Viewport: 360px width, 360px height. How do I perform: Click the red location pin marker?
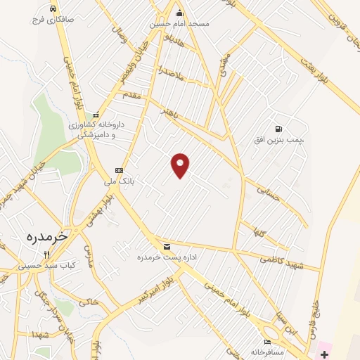pyautogui.click(x=181, y=165)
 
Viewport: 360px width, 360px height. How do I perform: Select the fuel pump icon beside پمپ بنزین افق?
pyautogui.click(x=279, y=129)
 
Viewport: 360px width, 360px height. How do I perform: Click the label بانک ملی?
pyautogui.click(x=118, y=181)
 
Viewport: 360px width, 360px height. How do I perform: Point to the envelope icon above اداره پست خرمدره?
pyautogui.click(x=167, y=246)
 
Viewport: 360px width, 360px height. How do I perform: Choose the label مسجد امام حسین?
pyautogui.click(x=179, y=23)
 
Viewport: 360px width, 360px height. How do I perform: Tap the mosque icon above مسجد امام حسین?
pyautogui.click(x=179, y=12)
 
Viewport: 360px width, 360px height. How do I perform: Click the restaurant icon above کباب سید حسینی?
pyautogui.click(x=47, y=255)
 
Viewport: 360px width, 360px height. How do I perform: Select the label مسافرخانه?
pyautogui.click(x=266, y=351)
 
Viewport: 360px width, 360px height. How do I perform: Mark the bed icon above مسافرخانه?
pyautogui.click(x=266, y=342)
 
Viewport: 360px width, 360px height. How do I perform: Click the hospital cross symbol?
pyautogui.click(x=324, y=351)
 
